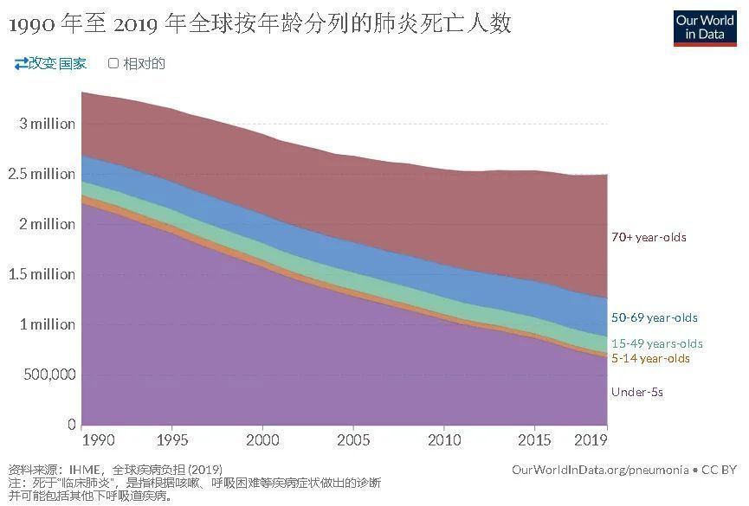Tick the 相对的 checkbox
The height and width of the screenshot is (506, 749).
coord(113,63)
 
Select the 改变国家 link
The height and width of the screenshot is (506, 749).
coord(50,63)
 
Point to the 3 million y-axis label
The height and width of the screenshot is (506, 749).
coord(47,124)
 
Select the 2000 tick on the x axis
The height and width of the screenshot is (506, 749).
coord(262,440)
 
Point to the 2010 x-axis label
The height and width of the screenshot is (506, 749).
coord(443,440)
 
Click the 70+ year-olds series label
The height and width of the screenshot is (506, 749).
coord(649,237)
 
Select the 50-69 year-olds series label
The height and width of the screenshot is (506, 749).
coord(654,317)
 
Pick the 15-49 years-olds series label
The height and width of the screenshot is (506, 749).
coord(656,343)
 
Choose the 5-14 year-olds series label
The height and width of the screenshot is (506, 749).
coord(650,358)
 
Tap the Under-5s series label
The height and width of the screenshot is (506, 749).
coord(637,392)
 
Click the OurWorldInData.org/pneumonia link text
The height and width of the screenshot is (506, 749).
coord(600,469)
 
